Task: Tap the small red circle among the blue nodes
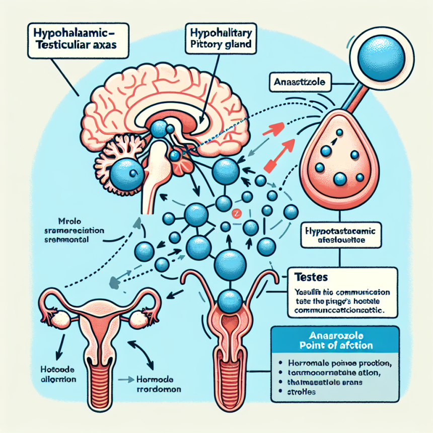[235, 213]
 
